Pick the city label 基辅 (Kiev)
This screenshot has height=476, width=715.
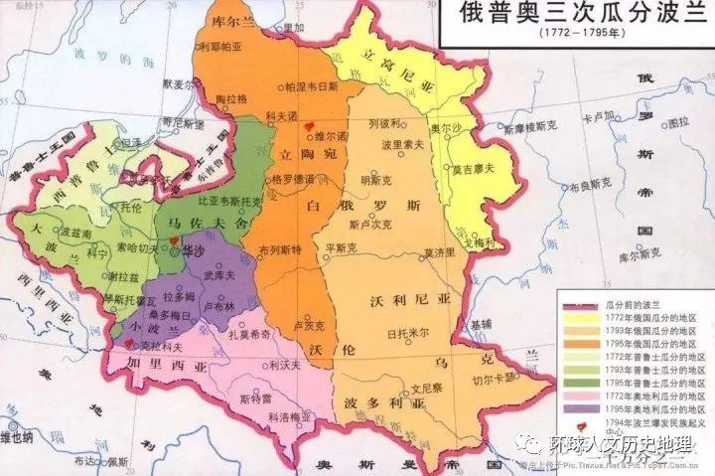coord(482,323)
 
